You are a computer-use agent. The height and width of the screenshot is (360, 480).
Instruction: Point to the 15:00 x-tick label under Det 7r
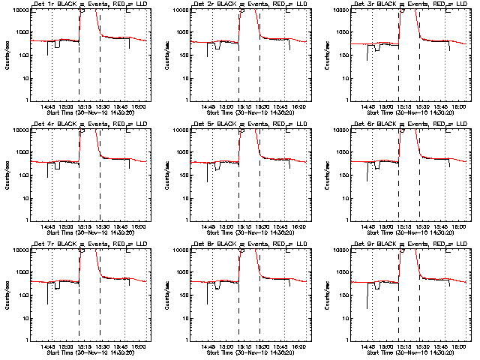pos(66,346)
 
